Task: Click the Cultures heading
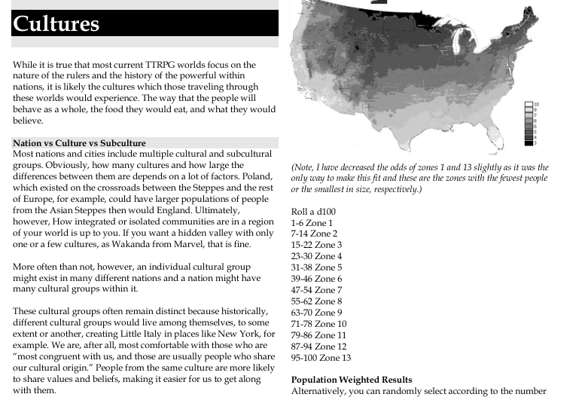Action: pos(56,24)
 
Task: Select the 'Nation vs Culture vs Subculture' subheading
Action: pos(79,143)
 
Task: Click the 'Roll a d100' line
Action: pos(313,212)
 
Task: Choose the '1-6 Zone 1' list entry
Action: pos(312,223)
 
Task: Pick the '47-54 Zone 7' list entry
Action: pos(316,290)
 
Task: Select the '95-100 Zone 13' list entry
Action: pos(321,358)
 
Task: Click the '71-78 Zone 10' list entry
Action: pos(318,324)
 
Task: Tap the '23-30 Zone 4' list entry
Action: pos(316,256)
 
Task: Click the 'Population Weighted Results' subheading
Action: pos(352,380)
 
